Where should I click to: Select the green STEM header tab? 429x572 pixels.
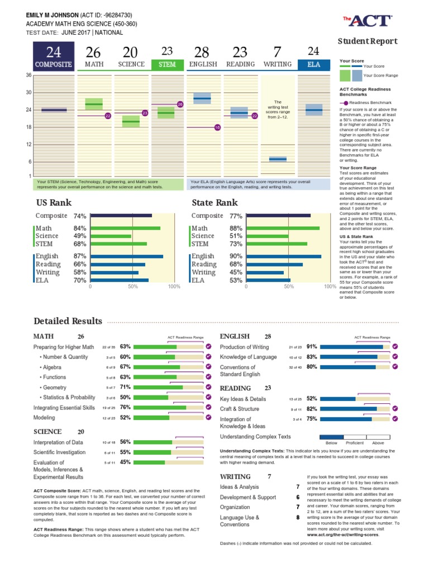tap(167, 65)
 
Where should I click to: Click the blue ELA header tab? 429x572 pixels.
tap(314, 65)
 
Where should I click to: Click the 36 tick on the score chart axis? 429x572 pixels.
tap(28, 75)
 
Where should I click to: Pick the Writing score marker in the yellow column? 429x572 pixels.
tap(278, 159)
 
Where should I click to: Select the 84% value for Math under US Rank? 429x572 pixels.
tap(80, 228)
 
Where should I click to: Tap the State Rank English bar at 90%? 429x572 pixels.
tap(284, 256)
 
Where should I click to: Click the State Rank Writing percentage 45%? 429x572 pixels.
tap(235, 273)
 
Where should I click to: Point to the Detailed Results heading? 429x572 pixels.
tap(68, 321)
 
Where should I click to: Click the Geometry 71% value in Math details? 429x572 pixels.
tap(125, 387)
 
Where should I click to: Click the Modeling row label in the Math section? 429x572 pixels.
tap(45, 418)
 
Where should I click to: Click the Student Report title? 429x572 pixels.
tap(368, 41)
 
